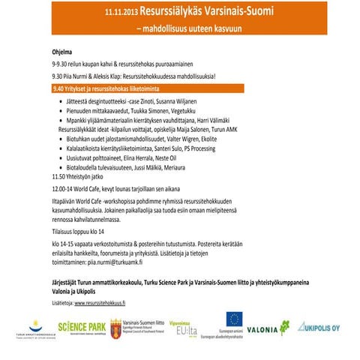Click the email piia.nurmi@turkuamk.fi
120,264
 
